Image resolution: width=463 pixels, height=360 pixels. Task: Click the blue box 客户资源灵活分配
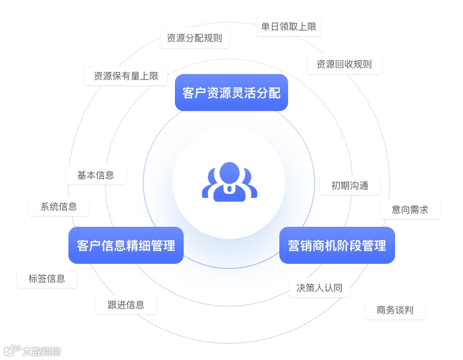click(x=232, y=93)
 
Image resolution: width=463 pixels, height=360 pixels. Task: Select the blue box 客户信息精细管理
click(x=126, y=245)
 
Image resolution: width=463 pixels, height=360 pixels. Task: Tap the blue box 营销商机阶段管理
click(x=337, y=245)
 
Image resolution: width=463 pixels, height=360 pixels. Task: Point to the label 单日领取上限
click(x=289, y=27)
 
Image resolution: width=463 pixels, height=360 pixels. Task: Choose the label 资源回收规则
click(x=344, y=64)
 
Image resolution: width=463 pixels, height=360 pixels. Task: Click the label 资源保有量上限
click(x=126, y=76)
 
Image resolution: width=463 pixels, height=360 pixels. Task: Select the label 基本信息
click(x=96, y=175)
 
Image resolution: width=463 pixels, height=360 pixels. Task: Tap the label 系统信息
click(x=59, y=207)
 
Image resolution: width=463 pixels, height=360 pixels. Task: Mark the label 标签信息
click(x=47, y=279)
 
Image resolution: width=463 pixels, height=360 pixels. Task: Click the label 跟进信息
click(x=126, y=304)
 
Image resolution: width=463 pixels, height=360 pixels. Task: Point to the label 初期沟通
click(x=350, y=186)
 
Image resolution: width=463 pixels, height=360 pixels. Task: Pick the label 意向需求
click(x=410, y=210)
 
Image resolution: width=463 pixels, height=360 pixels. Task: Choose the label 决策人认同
click(x=319, y=288)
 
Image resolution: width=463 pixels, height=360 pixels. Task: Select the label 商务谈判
click(x=395, y=310)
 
